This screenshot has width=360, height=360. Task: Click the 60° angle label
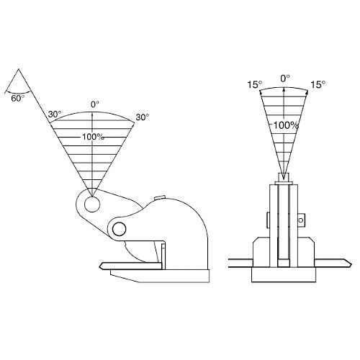coord(18,99)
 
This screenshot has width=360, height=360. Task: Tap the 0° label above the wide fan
coord(95,104)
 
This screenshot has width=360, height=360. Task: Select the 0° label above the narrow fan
coord(285,78)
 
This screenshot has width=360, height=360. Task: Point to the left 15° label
coord(255,84)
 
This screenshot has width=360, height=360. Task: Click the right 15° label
coord(318,84)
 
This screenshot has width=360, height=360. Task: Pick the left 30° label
coord(55,114)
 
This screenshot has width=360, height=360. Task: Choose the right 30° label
coord(143,117)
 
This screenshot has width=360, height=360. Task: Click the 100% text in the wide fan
coord(93,137)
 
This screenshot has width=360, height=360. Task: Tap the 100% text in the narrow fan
coord(286,125)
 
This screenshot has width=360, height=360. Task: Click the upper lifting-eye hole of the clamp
coord(92,204)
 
